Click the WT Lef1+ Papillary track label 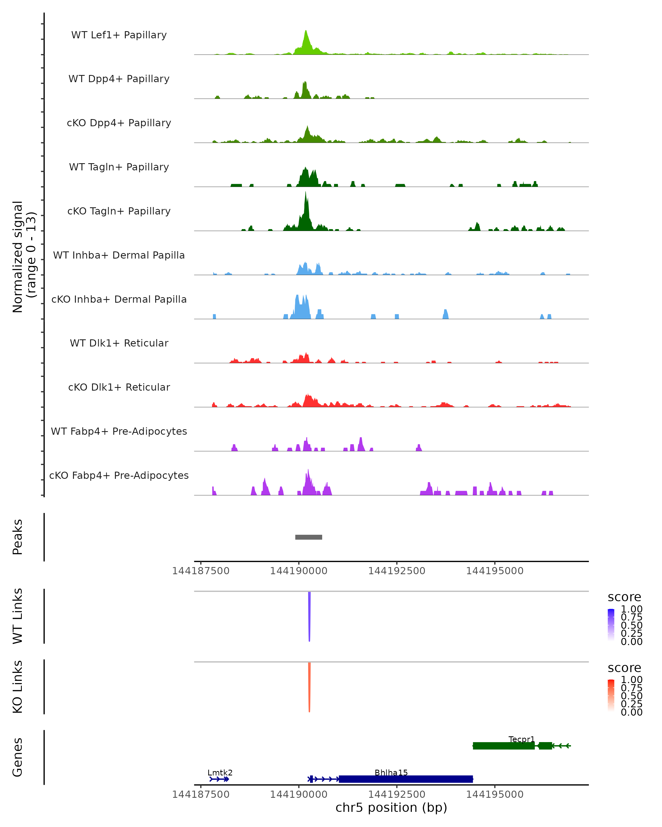click(119, 35)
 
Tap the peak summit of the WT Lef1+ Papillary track click(305, 31)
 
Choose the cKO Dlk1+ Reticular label click(119, 387)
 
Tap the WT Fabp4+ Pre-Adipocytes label click(119, 431)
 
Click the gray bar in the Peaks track click(309, 537)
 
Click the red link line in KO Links click(309, 687)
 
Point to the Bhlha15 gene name click(391, 772)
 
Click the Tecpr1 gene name click(521, 739)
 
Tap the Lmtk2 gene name click(220, 772)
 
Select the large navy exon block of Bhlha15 click(406, 779)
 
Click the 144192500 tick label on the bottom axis click(397, 794)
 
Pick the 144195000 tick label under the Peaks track click(495, 571)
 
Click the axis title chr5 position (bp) click(391, 808)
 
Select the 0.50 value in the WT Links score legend click(632, 625)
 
